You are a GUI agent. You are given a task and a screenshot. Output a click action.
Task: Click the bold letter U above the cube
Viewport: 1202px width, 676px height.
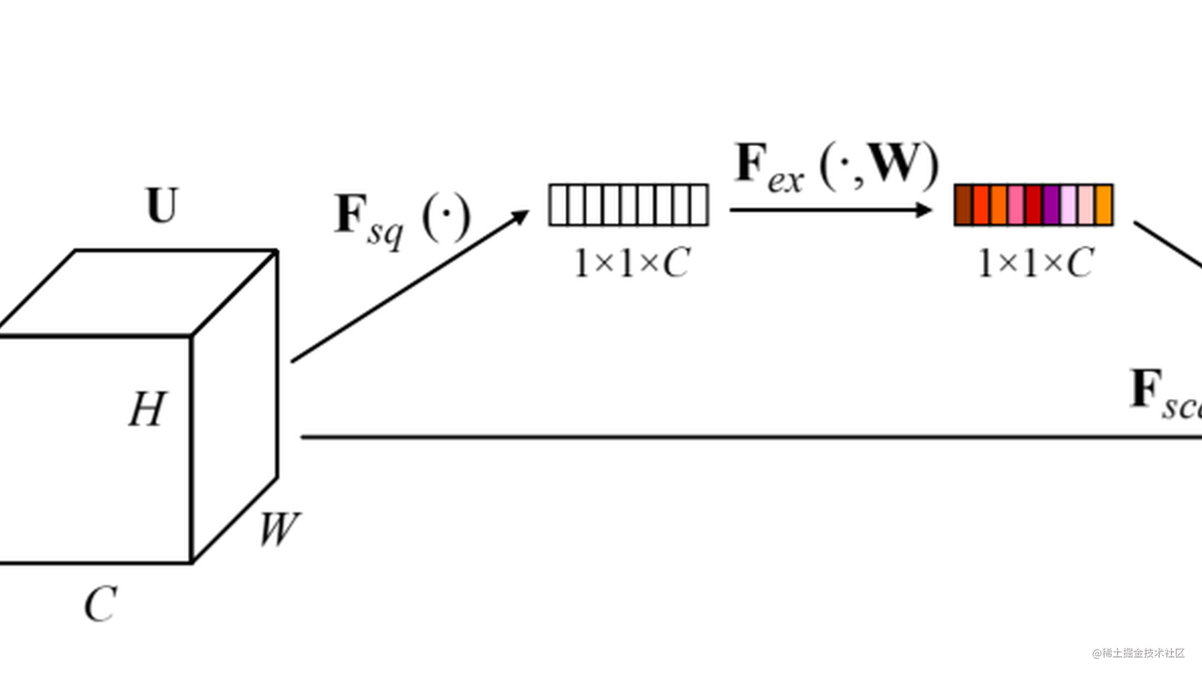tap(162, 206)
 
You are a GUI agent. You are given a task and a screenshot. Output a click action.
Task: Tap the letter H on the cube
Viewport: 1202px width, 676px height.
tap(148, 409)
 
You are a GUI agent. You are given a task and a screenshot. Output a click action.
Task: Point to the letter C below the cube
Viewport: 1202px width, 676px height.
tap(101, 604)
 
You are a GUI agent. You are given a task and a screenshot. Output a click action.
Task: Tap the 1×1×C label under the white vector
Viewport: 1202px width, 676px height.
tap(632, 263)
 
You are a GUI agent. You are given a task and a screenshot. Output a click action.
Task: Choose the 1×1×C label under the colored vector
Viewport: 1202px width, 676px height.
tap(1035, 263)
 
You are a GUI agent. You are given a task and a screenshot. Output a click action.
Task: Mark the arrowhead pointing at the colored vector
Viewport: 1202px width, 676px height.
tap(924, 210)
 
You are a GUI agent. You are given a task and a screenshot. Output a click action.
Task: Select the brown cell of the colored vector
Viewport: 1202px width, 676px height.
tap(963, 205)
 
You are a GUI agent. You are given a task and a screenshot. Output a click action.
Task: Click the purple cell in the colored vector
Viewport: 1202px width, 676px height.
tap(1051, 205)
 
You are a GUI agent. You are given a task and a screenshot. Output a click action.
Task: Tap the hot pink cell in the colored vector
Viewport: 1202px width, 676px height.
tap(1016, 205)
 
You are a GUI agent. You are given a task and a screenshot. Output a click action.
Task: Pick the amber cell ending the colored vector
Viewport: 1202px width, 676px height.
tap(1104, 205)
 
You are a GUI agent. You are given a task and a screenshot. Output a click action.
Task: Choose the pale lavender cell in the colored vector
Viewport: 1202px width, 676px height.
tap(1068, 205)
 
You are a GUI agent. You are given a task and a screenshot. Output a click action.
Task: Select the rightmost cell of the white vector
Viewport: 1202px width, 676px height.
tap(699, 205)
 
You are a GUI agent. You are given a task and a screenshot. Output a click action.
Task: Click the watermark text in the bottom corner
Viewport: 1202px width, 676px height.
tap(1138, 653)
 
